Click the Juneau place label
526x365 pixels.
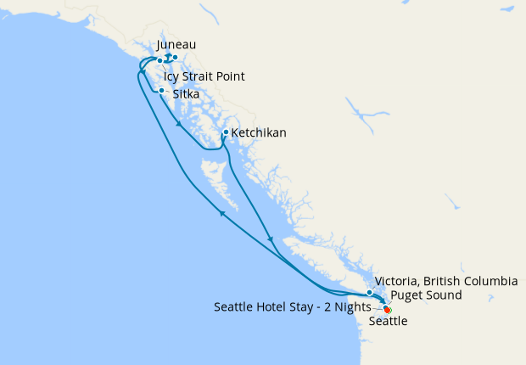176,45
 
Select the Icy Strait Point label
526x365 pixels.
204,77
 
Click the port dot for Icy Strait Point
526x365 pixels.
159,61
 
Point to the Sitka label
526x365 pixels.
187,95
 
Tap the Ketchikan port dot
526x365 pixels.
225,132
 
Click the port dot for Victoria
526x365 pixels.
370,294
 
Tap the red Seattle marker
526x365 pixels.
388,309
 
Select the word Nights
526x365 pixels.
353,307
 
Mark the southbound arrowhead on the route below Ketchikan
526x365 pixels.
270,239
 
